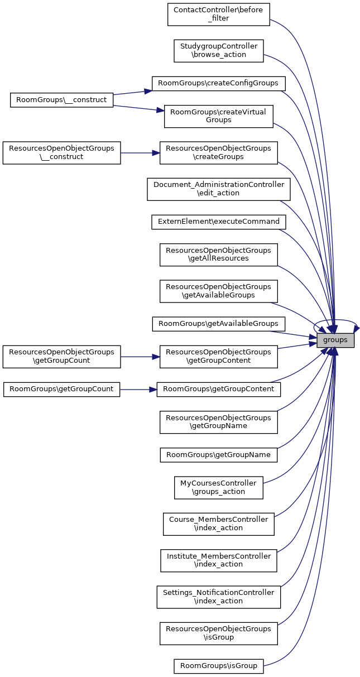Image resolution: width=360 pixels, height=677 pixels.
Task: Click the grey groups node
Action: (x=335, y=339)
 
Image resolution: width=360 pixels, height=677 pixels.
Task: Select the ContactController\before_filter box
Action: (x=218, y=15)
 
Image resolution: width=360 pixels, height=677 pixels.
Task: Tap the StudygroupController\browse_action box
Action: (x=218, y=51)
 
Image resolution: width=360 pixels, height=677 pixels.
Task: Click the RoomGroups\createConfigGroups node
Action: (x=219, y=83)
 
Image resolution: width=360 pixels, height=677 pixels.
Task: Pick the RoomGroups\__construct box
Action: (x=62, y=100)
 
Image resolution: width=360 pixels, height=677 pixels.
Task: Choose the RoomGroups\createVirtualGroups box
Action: (x=218, y=116)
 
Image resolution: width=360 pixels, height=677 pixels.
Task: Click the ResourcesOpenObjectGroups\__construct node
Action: (x=62, y=152)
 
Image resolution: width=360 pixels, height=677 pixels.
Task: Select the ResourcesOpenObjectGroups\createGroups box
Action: (x=218, y=152)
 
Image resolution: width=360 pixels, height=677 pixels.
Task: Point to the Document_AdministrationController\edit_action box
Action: (x=218, y=189)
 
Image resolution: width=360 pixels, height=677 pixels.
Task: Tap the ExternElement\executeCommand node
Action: (x=218, y=222)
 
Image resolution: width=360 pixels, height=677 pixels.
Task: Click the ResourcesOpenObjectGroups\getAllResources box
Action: (x=218, y=254)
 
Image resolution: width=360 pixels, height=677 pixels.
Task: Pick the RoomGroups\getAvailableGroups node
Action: (x=218, y=323)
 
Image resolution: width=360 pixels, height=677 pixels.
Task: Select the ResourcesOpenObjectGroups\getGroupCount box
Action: (x=62, y=356)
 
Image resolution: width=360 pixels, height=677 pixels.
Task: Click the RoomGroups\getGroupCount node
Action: (x=62, y=388)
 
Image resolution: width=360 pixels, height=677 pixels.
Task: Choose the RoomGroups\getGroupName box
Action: (x=218, y=454)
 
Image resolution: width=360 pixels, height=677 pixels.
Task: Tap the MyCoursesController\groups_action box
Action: (x=218, y=487)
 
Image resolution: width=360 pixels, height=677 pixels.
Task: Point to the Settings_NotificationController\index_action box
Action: (x=218, y=597)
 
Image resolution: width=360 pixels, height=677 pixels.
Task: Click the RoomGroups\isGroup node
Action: (x=218, y=665)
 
